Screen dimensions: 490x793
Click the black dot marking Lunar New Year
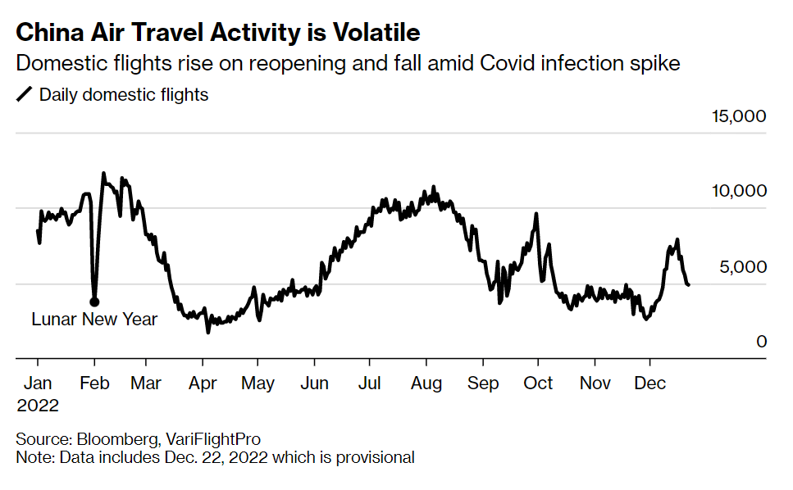(94, 302)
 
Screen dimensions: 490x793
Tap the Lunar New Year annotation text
(94, 320)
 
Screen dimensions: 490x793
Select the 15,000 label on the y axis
(738, 116)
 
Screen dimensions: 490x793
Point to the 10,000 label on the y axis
(738, 191)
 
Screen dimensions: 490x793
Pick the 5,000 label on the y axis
(743, 266)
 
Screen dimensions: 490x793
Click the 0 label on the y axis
(761, 342)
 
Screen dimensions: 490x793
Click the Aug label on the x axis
(426, 383)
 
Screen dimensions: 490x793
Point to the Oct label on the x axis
(538, 383)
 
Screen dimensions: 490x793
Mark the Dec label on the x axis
(650, 383)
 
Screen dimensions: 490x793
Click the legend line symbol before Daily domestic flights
(25, 95)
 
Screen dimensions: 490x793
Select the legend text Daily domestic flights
(124, 95)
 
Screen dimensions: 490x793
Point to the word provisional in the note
(375, 457)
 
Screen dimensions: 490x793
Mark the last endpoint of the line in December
(688, 284)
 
